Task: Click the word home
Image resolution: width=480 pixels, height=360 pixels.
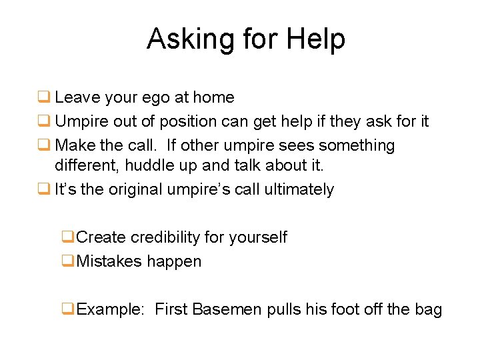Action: click(213, 97)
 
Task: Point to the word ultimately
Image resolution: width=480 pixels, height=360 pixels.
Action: click(299, 189)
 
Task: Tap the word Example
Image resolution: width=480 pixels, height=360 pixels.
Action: click(109, 310)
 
